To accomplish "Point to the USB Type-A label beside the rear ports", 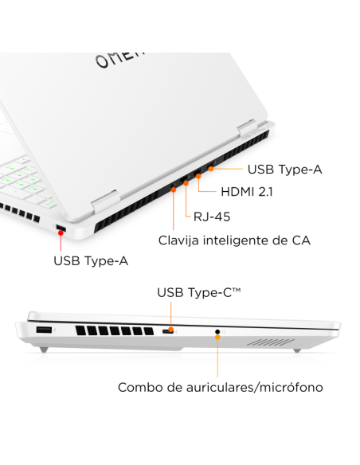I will [x=284, y=169].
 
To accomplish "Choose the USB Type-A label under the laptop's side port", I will [x=90, y=260].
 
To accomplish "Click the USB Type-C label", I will [x=198, y=293].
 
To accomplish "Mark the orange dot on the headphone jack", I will [x=217, y=331].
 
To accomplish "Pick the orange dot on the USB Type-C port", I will [x=169, y=330].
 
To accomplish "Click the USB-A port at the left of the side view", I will [x=44, y=330].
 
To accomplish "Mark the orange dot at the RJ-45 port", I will [x=186, y=183].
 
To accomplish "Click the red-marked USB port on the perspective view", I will [x=60, y=230].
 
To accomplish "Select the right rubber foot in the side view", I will [x=296, y=350].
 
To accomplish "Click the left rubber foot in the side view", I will [x=45, y=350].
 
